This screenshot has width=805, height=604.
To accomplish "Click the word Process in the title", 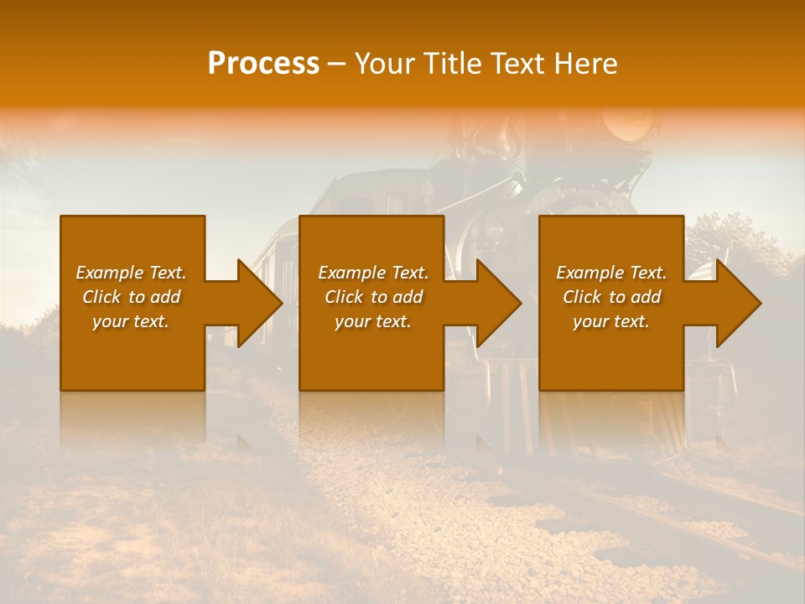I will (x=263, y=64).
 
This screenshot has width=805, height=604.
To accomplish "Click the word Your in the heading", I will (x=385, y=64).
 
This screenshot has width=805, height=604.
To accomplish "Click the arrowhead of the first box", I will (x=257, y=303).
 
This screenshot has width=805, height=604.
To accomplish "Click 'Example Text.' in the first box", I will (x=132, y=273).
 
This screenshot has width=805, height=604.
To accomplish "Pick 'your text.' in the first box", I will (x=132, y=321).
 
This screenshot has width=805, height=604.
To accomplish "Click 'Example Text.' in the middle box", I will (x=373, y=273).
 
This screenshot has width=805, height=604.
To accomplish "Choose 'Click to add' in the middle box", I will (x=373, y=297).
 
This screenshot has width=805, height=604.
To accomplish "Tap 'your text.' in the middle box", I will (x=373, y=321).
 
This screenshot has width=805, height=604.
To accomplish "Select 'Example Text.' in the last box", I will (x=611, y=273).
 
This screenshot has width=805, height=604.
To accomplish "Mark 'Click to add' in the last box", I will (x=611, y=297).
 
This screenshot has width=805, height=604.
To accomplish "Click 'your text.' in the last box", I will (x=611, y=321).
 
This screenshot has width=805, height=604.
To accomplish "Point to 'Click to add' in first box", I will (x=132, y=297).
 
